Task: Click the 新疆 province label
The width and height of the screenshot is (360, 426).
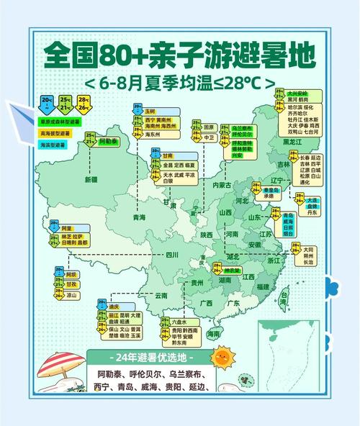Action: pos(91,179)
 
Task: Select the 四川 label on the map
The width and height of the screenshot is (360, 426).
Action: pos(171,255)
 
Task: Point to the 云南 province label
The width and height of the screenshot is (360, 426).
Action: pos(161,296)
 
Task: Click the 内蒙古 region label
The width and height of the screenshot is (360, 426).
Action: pos(220,185)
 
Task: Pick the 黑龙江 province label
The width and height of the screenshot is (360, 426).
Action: pos(292,142)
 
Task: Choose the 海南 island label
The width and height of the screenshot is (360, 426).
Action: pos(214,335)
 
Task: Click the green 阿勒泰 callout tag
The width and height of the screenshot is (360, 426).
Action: pos(109,142)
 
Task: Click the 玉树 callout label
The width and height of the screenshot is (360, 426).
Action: pos(149,112)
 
